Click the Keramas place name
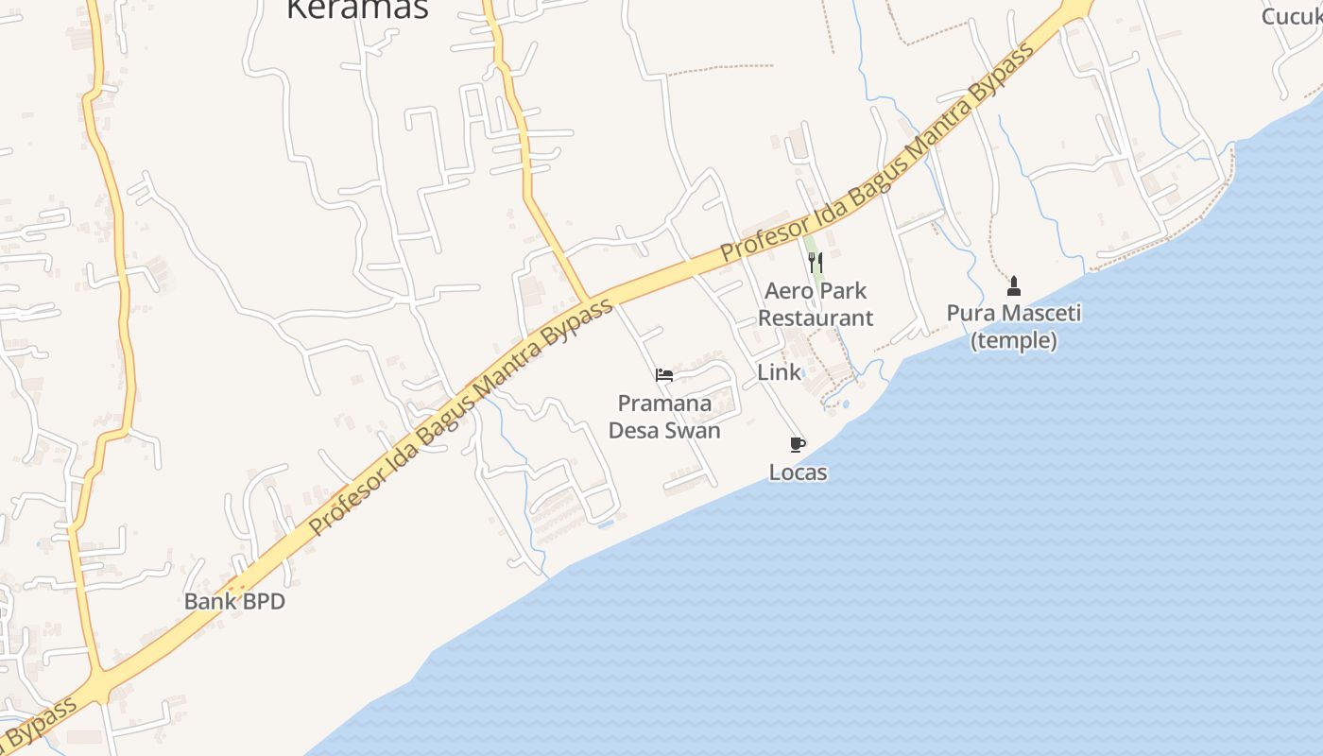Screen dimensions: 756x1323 click(357, 9)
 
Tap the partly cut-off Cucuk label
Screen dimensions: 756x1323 click(1293, 16)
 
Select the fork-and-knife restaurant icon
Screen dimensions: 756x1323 click(816, 262)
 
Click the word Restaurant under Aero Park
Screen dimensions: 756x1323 click(816, 318)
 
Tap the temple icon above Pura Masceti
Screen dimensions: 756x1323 click(1014, 285)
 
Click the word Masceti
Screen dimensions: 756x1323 click(1044, 313)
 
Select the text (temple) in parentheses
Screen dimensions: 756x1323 click(1014, 340)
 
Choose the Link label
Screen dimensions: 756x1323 click(779, 372)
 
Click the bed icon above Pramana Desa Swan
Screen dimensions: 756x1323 click(664, 375)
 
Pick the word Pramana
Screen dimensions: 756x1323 click(664, 404)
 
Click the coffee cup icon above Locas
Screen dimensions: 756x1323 click(798, 444)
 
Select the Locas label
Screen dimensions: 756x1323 click(798, 472)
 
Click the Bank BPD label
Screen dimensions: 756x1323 click(234, 601)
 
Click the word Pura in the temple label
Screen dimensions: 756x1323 click(968, 313)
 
